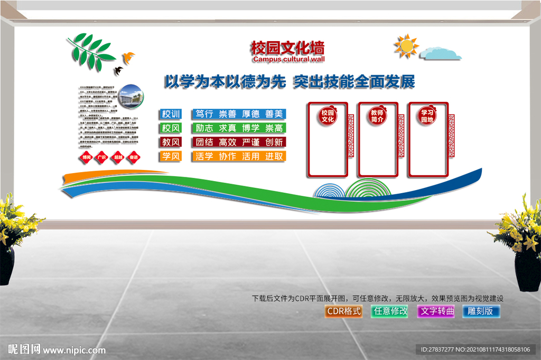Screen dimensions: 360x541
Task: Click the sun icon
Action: (406, 47)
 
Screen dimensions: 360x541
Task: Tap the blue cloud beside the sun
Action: (441, 53)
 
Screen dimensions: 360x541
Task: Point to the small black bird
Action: (119, 70)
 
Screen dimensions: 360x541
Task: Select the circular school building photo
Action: (129, 95)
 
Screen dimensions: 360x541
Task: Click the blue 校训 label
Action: (171, 113)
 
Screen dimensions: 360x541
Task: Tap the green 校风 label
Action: (171, 128)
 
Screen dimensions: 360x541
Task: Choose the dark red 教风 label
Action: (171, 142)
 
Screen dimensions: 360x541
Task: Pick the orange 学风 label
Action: (171, 156)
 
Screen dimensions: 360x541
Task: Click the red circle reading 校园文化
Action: (328, 116)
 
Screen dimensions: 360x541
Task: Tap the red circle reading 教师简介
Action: (377, 115)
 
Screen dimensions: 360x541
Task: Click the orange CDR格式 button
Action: (344, 311)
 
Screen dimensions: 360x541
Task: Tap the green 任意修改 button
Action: (390, 311)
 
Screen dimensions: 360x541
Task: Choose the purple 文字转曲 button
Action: (436, 311)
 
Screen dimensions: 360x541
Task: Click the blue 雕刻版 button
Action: (481, 311)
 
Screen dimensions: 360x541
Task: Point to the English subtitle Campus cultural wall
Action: (288, 60)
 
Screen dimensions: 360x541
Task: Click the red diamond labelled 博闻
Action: (86, 157)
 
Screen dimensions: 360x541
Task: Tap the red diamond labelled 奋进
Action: (134, 157)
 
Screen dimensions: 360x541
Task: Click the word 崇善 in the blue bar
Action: (228, 113)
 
